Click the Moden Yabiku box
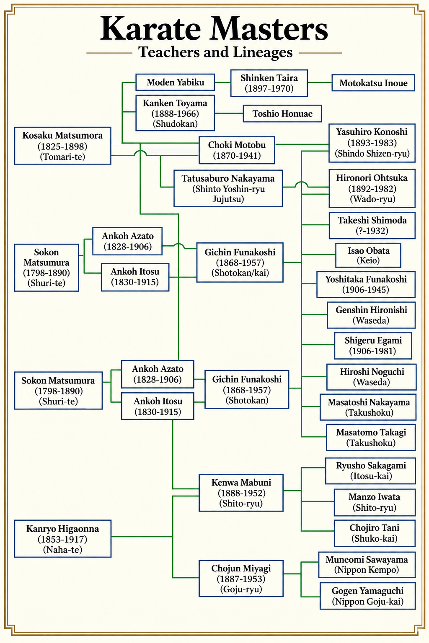[x=175, y=82]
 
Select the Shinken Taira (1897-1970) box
[x=269, y=83]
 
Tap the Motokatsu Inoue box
[x=373, y=83]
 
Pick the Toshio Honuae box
[x=282, y=113]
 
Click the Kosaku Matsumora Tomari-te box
[x=63, y=146]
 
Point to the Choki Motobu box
[x=237, y=150]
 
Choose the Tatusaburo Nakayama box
[x=228, y=188]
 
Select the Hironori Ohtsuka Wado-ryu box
[x=372, y=188]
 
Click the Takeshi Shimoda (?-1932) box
[x=372, y=225]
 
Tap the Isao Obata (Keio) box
[x=368, y=255]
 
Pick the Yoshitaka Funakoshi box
[x=366, y=284]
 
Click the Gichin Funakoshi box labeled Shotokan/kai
[x=240, y=262]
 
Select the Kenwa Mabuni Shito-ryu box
[x=241, y=493]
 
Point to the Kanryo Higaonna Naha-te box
[x=63, y=539]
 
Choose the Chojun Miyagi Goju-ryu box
[x=241, y=579]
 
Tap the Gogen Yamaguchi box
[x=367, y=596]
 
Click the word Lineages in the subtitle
[x=263, y=52]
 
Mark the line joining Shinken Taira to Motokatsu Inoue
[x=320, y=82]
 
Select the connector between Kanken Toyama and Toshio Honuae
[x=229, y=113]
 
